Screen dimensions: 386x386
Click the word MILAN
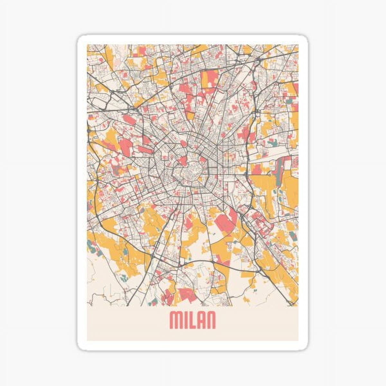point(192,320)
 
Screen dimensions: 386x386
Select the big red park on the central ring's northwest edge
point(182,160)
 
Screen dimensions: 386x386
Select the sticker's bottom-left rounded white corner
point(81,347)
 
